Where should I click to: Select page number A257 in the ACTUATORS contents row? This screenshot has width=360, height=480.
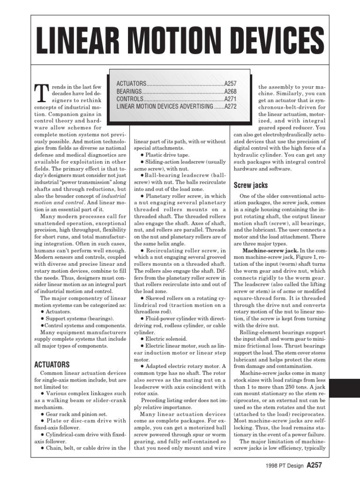click(x=230, y=83)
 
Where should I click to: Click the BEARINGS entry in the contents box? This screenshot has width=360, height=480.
click(x=129, y=91)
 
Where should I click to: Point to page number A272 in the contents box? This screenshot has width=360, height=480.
click(x=230, y=107)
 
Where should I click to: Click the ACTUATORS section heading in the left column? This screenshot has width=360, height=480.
click(x=52, y=364)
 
